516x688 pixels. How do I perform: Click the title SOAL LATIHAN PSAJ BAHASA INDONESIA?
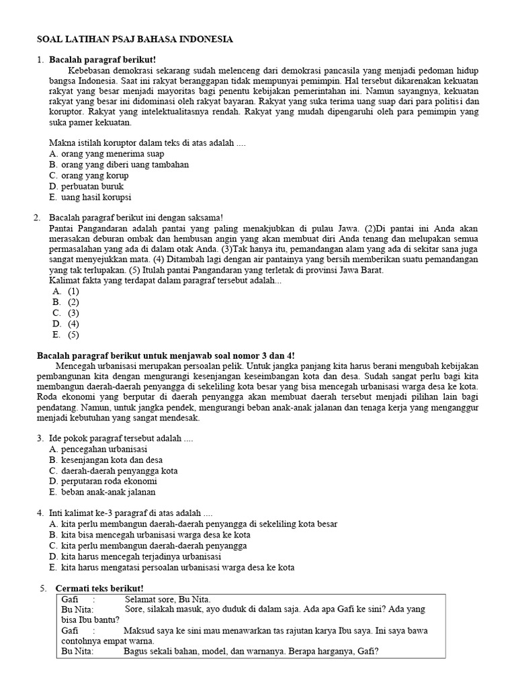coord(134,40)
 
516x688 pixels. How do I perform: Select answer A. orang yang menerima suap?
coord(106,154)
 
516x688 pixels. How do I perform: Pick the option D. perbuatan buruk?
coord(87,186)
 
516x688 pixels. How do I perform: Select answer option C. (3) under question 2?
coord(66,313)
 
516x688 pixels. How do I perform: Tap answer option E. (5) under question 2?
coord(66,335)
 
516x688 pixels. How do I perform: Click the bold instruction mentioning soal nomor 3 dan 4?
coord(165,355)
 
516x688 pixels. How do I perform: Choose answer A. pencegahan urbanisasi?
coord(98,449)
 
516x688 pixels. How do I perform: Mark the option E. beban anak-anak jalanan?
coord(102,492)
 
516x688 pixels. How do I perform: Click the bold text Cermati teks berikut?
coord(99,589)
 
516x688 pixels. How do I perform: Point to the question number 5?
coord(43,589)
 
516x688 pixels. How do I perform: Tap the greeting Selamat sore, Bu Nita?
coord(168,599)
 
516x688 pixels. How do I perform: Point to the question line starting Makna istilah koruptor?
coord(148,143)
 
